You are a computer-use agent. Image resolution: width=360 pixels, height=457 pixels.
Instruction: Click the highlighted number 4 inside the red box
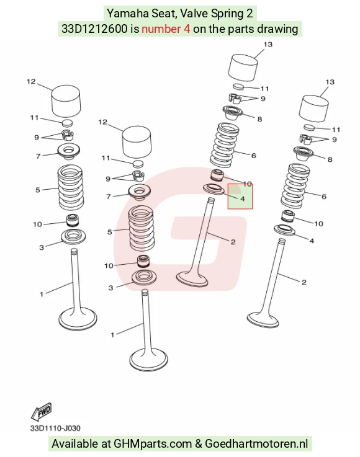242,199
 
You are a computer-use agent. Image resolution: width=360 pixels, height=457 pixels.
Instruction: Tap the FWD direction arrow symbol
42,411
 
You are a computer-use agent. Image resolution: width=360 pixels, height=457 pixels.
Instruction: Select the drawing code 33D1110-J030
55,428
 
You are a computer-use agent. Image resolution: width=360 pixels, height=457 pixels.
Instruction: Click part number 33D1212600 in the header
94,29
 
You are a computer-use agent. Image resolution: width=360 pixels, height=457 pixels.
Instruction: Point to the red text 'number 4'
166,29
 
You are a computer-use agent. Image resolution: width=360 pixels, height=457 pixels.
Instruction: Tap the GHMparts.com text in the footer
152,443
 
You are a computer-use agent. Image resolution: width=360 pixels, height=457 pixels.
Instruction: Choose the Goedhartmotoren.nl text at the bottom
256,443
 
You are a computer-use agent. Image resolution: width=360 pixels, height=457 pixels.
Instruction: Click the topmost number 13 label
268,44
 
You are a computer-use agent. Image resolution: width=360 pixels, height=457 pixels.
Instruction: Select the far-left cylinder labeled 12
66,101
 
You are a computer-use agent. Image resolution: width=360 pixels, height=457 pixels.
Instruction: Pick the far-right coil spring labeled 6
295,187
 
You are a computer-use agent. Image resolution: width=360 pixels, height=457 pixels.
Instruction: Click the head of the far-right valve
263,320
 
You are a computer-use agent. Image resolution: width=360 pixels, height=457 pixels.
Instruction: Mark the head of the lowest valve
149,359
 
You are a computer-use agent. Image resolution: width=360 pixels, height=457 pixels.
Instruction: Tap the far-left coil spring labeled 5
70,187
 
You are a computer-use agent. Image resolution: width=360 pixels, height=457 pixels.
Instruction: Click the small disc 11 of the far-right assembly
309,127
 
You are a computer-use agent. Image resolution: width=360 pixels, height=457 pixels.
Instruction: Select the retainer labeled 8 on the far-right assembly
304,153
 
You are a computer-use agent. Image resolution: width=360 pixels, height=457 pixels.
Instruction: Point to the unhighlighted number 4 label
312,241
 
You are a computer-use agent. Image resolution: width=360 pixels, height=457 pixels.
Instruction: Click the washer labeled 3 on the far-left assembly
73,236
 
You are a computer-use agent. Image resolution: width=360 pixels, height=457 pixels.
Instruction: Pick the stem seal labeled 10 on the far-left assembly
73,221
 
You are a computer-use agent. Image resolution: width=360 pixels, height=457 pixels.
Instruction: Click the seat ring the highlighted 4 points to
214,189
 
